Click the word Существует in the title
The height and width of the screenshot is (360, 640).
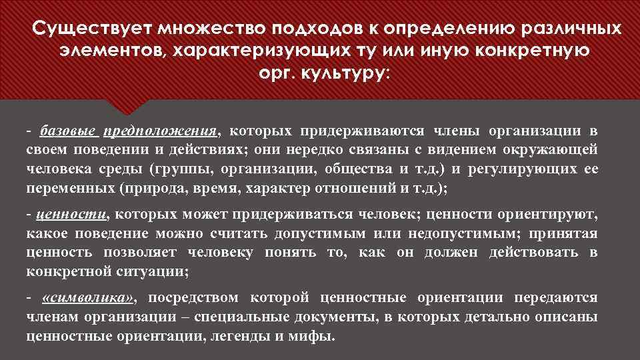[x=89, y=29]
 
